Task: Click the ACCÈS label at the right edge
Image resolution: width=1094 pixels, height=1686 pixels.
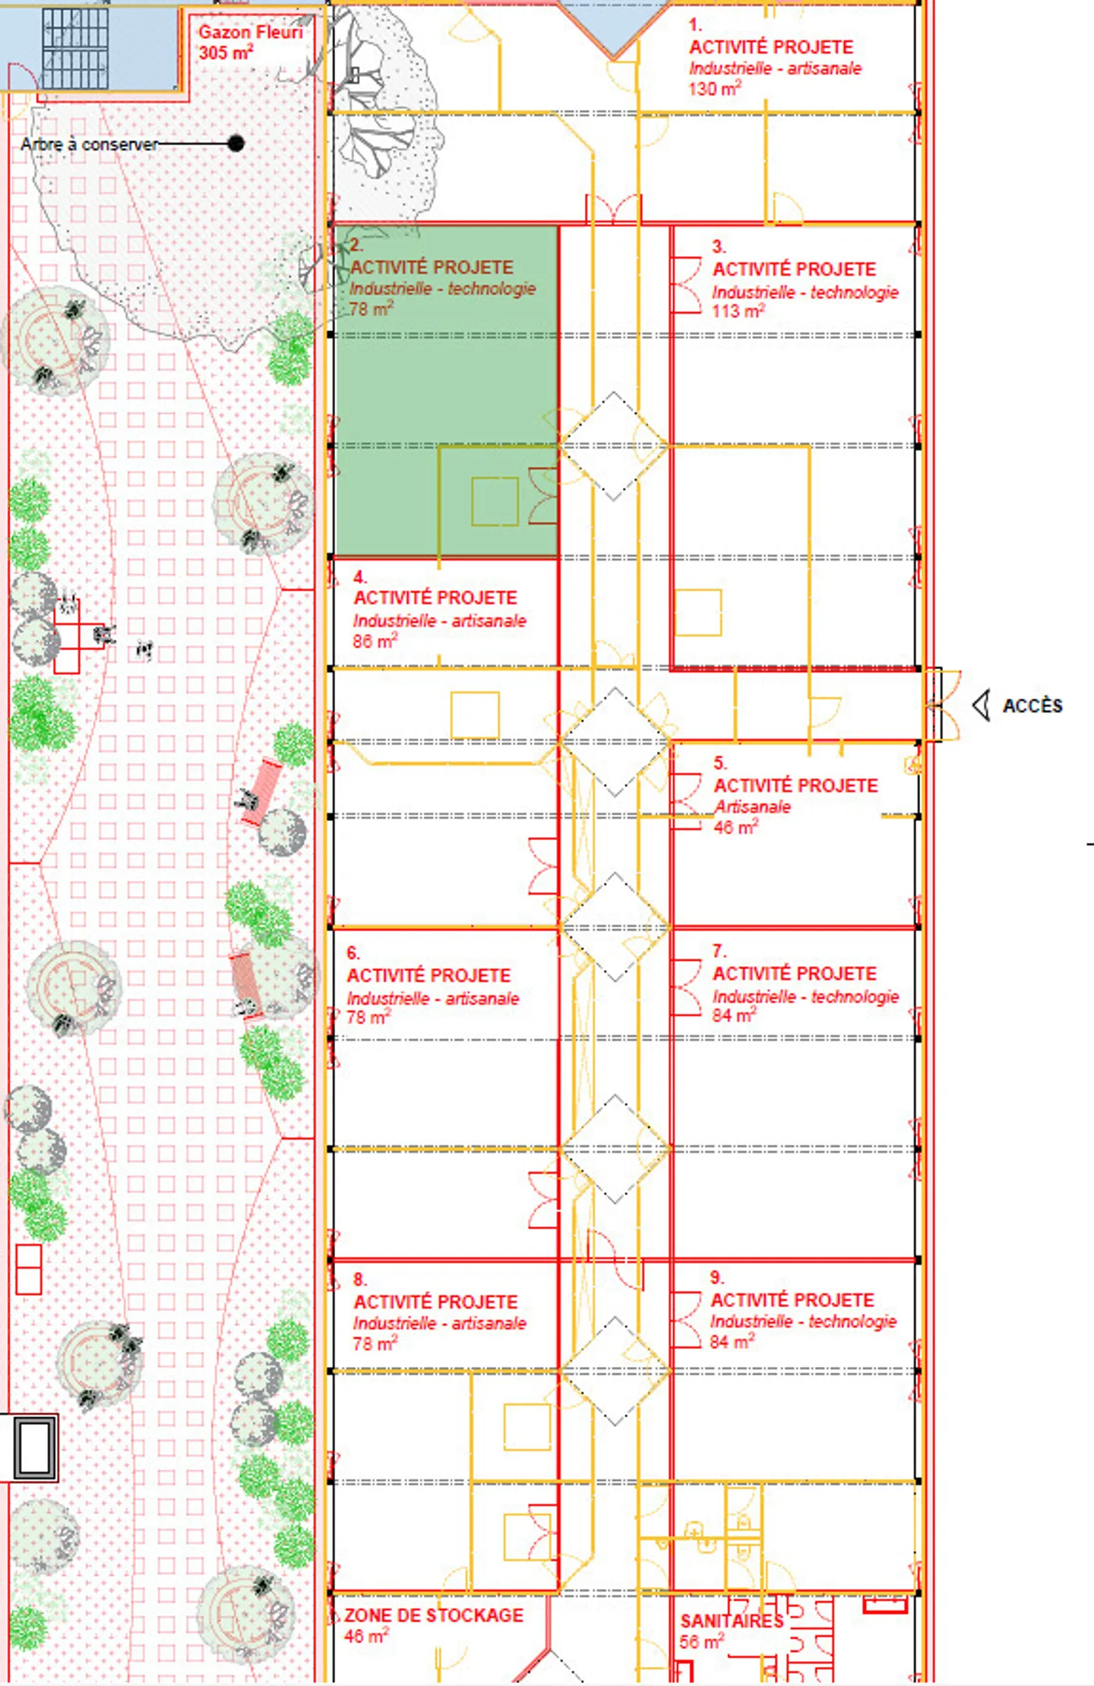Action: pyautogui.click(x=1032, y=706)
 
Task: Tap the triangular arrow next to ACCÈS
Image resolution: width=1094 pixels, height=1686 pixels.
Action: pyautogui.click(x=982, y=705)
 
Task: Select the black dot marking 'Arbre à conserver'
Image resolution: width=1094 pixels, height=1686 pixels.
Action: pyautogui.click(x=236, y=143)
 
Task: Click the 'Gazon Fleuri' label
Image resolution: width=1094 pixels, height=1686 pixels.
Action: pyautogui.click(x=250, y=33)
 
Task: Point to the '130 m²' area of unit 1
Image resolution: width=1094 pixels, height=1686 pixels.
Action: pyautogui.click(x=714, y=89)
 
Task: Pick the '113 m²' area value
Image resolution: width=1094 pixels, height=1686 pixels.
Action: pyautogui.click(x=737, y=311)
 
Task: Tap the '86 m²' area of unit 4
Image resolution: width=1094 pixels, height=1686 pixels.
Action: pyautogui.click(x=374, y=641)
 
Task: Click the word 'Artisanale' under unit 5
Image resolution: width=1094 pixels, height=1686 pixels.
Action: pyautogui.click(x=752, y=807)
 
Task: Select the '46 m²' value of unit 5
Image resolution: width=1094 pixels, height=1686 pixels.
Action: pyautogui.click(x=735, y=827)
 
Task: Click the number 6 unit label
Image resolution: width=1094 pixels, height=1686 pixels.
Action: pyautogui.click(x=353, y=952)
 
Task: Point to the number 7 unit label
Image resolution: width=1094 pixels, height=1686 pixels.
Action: pyautogui.click(x=719, y=950)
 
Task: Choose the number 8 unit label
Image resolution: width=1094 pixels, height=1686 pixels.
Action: pyautogui.click(x=360, y=1279)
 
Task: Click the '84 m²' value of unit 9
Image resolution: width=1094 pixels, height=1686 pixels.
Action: pyautogui.click(x=732, y=1342)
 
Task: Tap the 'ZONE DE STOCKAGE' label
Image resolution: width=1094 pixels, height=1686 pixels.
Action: pyautogui.click(x=433, y=1615)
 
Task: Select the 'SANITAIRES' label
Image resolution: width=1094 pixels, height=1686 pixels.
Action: pyautogui.click(x=731, y=1621)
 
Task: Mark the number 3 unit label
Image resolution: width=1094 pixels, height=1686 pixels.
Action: pyautogui.click(x=719, y=246)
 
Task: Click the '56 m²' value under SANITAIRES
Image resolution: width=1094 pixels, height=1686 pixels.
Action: pyautogui.click(x=700, y=1642)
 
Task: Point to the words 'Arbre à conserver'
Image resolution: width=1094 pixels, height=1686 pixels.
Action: pyautogui.click(x=90, y=144)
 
